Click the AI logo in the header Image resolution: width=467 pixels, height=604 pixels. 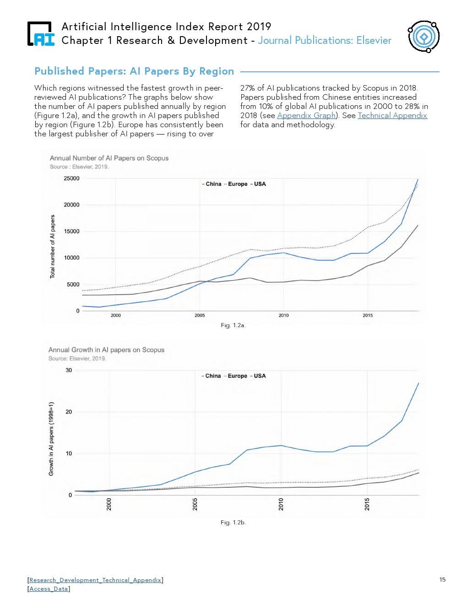(41, 34)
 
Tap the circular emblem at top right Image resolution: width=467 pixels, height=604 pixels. (424, 37)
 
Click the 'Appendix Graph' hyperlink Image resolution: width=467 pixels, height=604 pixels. (307, 115)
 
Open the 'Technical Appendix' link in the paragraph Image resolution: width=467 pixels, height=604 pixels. (392, 115)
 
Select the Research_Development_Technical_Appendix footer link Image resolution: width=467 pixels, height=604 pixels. (95, 580)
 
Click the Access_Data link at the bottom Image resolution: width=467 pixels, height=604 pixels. (49, 588)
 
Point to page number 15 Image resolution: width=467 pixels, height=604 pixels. (442, 579)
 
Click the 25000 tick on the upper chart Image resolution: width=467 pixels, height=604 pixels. (71, 178)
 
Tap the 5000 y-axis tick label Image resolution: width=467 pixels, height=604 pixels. (73, 284)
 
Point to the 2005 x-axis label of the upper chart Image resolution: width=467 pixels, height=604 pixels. (200, 315)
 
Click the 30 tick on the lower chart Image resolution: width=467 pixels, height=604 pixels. (69, 370)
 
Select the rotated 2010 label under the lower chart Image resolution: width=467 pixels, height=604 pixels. (281, 504)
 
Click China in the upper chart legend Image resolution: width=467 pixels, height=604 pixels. (213, 184)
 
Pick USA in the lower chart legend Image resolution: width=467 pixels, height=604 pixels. (260, 376)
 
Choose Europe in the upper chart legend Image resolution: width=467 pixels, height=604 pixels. (238, 184)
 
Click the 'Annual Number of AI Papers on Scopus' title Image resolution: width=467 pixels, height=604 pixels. (109, 158)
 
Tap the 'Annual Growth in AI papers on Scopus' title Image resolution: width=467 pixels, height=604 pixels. (106, 350)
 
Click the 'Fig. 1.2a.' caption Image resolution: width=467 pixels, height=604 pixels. (233, 325)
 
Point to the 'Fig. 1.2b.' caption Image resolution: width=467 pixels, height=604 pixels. (233, 522)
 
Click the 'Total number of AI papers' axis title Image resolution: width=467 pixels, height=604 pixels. (52, 247)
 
